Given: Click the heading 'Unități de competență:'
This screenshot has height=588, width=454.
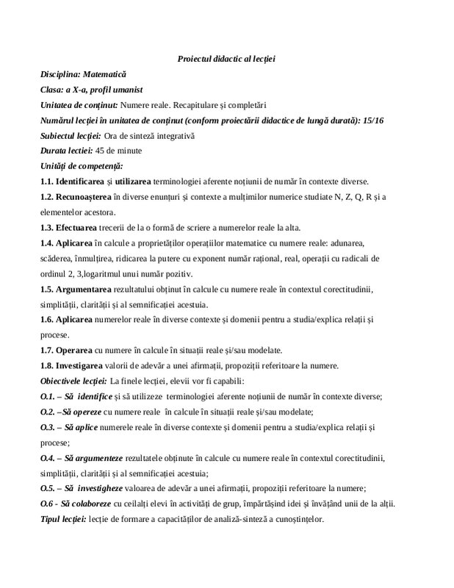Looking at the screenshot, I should pyautogui.click(x=82, y=165).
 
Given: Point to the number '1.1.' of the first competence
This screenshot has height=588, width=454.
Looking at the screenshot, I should pyautogui.click(x=49, y=181).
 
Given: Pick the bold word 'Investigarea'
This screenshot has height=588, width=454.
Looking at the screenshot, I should pyautogui.click(x=86, y=365).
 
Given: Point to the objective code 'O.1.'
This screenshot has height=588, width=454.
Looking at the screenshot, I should pyautogui.click(x=48, y=396).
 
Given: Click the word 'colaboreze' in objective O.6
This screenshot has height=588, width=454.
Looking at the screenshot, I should pyautogui.click(x=92, y=503).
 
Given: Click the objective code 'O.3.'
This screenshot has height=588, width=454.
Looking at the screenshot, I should pyautogui.click(x=48, y=427).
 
